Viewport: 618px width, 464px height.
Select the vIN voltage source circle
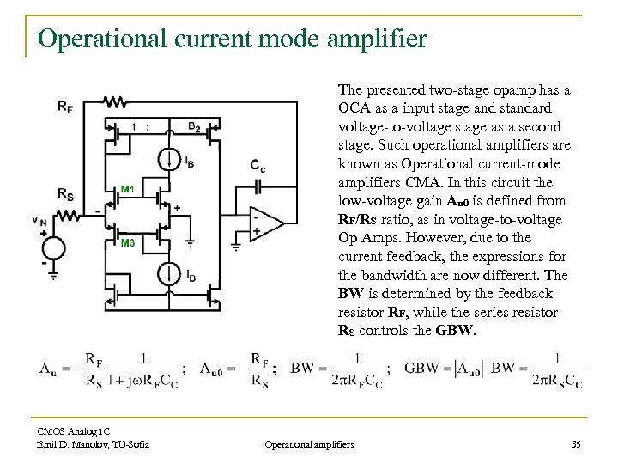(x=52, y=247)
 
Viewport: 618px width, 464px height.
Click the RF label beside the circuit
(x=65, y=107)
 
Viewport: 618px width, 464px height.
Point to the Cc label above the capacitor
(x=257, y=164)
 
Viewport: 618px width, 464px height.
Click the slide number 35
(x=575, y=443)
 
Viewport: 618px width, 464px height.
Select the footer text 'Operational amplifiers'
(x=308, y=443)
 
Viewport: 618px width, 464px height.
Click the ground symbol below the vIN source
(x=52, y=276)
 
